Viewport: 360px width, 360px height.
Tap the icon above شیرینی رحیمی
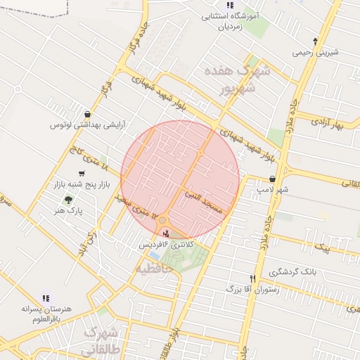click(315, 41)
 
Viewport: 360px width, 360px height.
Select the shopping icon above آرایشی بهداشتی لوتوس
click(87, 114)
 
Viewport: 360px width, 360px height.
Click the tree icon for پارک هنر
click(67, 200)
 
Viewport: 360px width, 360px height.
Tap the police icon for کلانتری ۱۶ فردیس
click(166, 233)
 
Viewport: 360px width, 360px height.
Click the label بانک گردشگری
click(292, 271)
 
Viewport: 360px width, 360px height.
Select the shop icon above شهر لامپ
click(272, 179)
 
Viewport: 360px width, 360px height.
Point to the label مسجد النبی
click(203, 200)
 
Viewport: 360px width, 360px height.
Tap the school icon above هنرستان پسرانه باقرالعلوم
click(46, 298)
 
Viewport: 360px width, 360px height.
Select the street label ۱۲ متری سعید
click(131, 207)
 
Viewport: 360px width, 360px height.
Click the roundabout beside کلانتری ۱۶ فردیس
click(163, 220)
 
